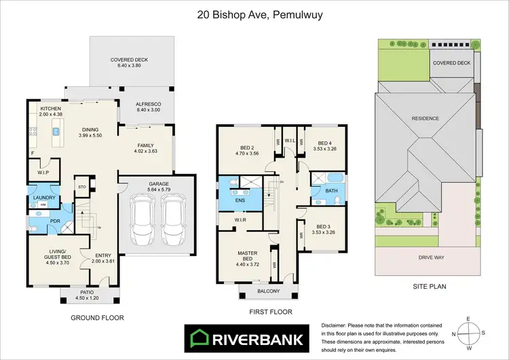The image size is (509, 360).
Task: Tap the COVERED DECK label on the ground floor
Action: pos(130,60)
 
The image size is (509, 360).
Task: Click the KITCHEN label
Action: pos(51,109)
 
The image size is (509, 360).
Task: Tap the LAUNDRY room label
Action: pos(43,198)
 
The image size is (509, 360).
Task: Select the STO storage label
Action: pos(82,186)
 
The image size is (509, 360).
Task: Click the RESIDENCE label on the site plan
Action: pos(426,118)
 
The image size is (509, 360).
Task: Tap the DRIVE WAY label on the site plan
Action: pos(426,258)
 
